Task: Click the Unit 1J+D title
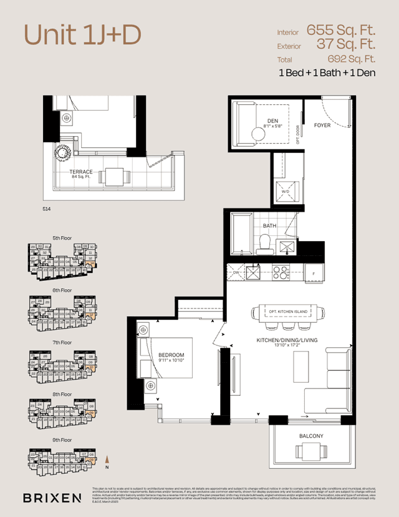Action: click(x=82, y=36)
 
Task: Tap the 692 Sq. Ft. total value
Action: click(x=351, y=59)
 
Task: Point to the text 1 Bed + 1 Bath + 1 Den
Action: click(x=327, y=74)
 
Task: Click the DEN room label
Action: click(x=273, y=120)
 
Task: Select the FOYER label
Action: click(x=322, y=126)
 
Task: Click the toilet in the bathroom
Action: click(x=264, y=243)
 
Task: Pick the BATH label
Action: click(x=269, y=226)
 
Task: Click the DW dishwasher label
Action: click(x=236, y=273)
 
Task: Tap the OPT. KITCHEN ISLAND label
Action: click(x=288, y=312)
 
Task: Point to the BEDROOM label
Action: click(x=170, y=355)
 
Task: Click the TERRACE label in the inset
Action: click(x=81, y=172)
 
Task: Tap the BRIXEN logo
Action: click(x=52, y=498)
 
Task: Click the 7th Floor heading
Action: click(x=62, y=343)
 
